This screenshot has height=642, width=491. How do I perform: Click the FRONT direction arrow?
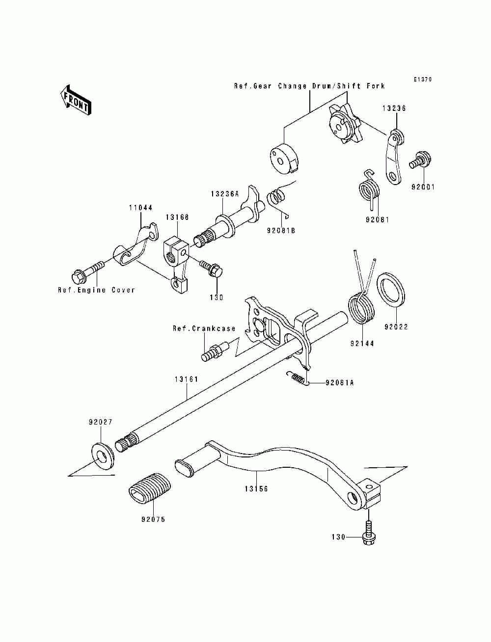[76, 100]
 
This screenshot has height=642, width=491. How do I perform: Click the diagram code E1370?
[422, 79]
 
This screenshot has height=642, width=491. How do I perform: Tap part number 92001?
[423, 187]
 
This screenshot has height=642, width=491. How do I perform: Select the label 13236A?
[225, 193]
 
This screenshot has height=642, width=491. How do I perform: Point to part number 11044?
[141, 208]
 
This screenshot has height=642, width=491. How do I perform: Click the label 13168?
[177, 217]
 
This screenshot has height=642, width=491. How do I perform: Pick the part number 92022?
[396, 327]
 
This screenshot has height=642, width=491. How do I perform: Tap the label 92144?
[362, 344]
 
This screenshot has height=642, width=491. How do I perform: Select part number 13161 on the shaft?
[187, 379]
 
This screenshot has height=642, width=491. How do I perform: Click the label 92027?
[101, 422]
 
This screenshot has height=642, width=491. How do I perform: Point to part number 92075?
[153, 519]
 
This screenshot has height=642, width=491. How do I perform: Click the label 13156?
[256, 489]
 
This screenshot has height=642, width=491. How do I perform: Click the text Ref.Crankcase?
[204, 328]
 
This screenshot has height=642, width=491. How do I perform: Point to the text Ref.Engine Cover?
[96, 290]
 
